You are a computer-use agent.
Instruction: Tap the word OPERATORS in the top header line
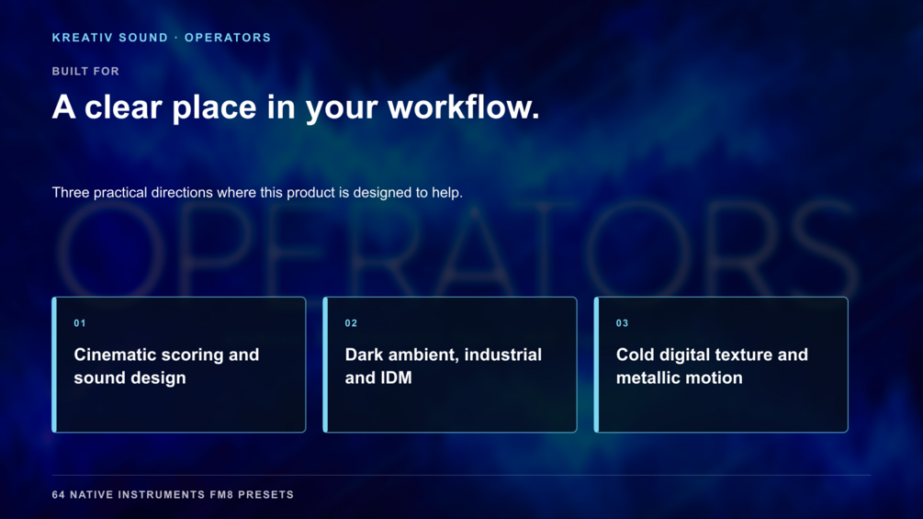pyautogui.click(x=228, y=38)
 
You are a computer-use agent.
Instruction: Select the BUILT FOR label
pyautogui.click(x=86, y=72)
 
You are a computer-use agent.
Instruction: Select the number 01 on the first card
pyautogui.click(x=80, y=323)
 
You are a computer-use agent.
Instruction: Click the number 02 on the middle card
pyautogui.click(x=352, y=323)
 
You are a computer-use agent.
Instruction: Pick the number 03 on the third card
pyautogui.click(x=622, y=323)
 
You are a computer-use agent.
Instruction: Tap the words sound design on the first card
pyautogui.click(x=130, y=378)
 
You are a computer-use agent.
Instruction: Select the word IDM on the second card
pyautogui.click(x=396, y=378)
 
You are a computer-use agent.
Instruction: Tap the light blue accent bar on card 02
pyautogui.click(x=325, y=365)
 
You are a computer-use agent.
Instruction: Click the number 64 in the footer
pyautogui.click(x=58, y=495)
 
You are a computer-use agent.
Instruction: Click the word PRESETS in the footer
pyautogui.click(x=266, y=495)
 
